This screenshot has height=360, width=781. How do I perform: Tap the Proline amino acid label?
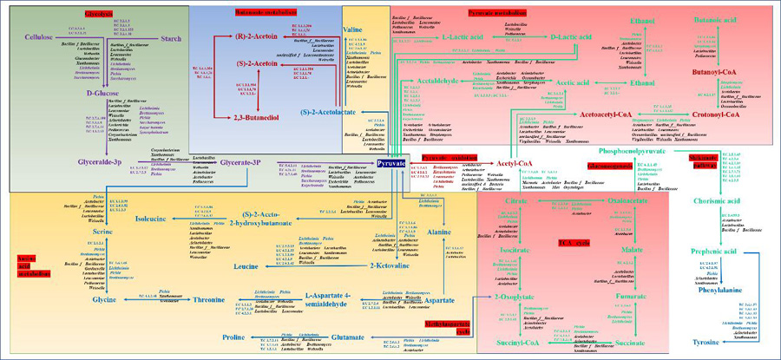click(x=233, y=337)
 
